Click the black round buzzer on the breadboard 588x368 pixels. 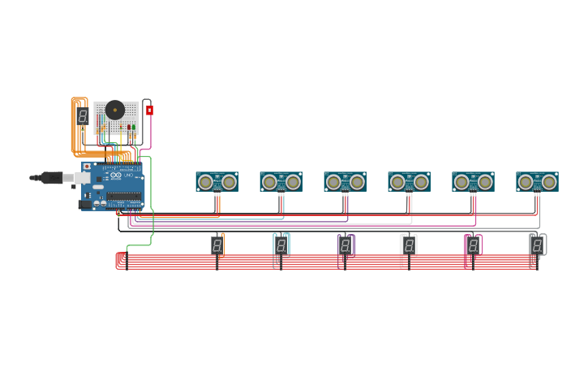[114, 110]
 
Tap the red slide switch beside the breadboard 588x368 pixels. [149, 110]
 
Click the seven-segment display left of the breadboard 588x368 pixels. [83, 116]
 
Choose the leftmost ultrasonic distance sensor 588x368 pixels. [217, 181]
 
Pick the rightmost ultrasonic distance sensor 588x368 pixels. [537, 181]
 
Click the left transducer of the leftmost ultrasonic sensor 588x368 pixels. [205, 182]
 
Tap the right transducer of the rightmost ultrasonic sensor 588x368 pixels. [549, 182]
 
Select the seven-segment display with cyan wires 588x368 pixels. [281, 245]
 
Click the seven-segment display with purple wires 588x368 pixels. [345, 245]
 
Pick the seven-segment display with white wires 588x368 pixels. [409, 245]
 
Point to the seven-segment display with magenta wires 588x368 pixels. [473, 245]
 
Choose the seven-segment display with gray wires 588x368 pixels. [537, 245]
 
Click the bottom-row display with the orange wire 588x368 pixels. [217, 245]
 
